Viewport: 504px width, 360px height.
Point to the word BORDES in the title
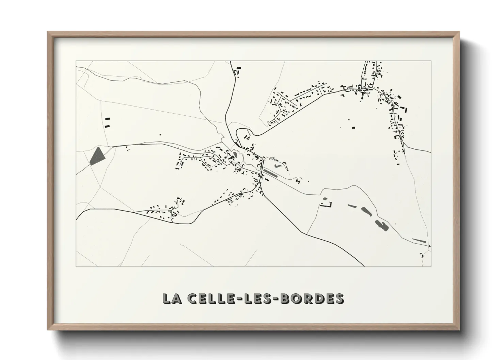313,298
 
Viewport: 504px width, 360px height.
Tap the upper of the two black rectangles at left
108,119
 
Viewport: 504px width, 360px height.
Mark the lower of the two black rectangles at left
108,126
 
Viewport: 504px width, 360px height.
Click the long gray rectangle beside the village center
271,173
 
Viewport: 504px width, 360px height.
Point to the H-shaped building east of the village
298,181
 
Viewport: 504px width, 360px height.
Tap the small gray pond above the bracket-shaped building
325,199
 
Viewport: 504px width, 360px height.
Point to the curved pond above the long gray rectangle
277,165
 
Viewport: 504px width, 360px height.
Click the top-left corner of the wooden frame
48,32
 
